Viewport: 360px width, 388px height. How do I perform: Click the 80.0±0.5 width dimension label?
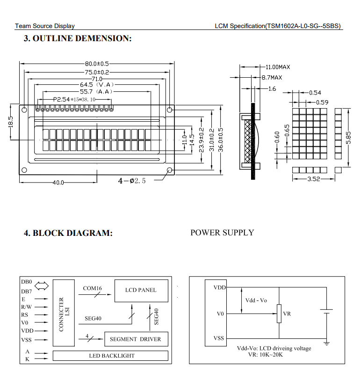click(97, 64)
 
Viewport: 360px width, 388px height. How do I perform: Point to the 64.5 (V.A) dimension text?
click(97, 85)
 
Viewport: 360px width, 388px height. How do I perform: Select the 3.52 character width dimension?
click(313, 179)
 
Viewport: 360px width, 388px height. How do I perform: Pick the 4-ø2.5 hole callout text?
click(132, 181)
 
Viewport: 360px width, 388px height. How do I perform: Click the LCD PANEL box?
click(141, 290)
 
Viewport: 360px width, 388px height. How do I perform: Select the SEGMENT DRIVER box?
click(135, 339)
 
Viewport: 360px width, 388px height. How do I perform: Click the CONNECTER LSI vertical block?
click(64, 314)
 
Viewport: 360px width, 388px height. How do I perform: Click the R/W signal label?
click(27, 307)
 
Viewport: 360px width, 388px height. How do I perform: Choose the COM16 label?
click(92, 288)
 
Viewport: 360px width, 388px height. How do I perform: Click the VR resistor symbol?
click(279, 313)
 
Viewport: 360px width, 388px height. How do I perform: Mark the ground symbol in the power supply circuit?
click(326, 344)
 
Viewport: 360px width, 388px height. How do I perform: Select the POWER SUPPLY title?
click(222, 233)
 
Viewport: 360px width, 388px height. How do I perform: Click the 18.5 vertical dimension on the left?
click(11, 121)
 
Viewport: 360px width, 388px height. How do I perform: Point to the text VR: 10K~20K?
click(265, 355)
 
